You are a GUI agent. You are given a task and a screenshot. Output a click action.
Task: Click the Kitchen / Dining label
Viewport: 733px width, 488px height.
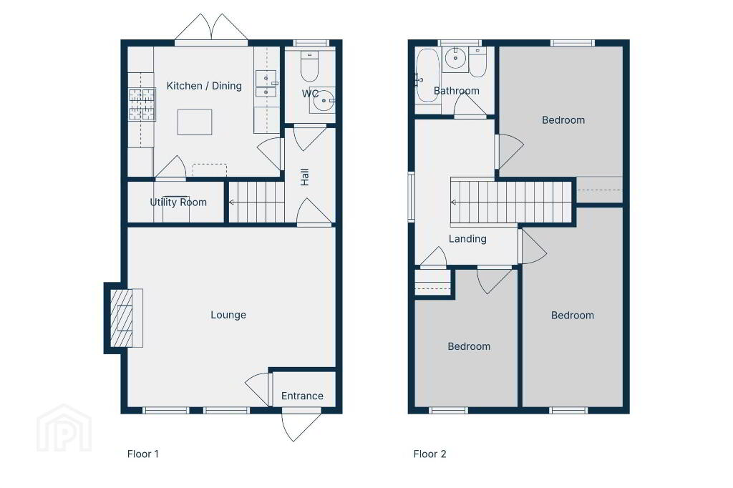204,86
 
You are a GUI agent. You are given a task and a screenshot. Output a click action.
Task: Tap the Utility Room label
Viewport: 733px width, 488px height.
178,202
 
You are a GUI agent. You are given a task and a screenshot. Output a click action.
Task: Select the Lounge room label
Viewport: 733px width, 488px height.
228,315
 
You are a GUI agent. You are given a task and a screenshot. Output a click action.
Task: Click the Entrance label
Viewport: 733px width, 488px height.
302,396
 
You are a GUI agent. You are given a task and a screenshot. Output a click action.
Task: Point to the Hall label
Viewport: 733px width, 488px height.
305,177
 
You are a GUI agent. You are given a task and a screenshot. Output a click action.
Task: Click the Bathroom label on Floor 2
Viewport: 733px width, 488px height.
456,91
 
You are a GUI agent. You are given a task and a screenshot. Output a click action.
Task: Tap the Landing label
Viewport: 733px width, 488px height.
467,239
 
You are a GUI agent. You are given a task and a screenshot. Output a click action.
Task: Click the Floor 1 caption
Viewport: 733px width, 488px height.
142,454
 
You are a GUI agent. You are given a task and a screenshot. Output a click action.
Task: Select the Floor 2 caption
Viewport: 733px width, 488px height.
429,454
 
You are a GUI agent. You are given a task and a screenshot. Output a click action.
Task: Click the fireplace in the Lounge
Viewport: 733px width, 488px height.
123,318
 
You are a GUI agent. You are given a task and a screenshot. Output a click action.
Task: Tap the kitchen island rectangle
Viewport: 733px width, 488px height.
195,122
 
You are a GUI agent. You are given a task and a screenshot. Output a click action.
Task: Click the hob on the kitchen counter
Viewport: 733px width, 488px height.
142,104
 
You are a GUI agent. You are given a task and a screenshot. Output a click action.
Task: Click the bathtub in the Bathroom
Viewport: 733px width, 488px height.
427,75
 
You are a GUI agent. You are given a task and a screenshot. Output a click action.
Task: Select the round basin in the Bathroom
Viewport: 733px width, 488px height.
455,59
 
